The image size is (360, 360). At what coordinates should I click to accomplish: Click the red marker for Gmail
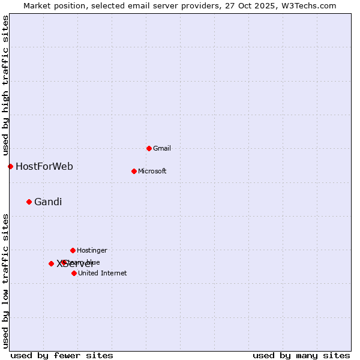tap(149, 148)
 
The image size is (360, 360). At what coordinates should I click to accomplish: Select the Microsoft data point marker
tap(134, 171)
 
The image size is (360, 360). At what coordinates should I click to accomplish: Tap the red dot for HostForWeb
tap(10, 166)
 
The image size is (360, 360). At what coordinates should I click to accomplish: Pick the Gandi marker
tap(29, 202)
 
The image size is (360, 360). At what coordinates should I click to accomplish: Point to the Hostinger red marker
tap(73, 250)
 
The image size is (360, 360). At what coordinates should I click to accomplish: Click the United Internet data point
tap(74, 273)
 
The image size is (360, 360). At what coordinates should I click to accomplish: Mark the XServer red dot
tap(51, 263)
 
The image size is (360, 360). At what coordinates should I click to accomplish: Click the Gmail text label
tap(162, 148)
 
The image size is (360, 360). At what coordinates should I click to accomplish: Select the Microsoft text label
tap(152, 171)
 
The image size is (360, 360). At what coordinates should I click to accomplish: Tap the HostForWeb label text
tap(44, 166)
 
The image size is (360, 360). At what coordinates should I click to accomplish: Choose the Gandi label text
tap(48, 202)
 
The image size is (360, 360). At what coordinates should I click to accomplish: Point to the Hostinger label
tap(92, 250)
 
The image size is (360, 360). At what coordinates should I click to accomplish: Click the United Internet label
tap(103, 273)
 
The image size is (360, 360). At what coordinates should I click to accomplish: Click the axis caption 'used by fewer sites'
tap(62, 355)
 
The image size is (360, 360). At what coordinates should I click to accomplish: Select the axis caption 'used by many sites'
tap(301, 355)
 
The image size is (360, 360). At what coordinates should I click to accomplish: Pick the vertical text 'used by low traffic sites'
tap(6, 281)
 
